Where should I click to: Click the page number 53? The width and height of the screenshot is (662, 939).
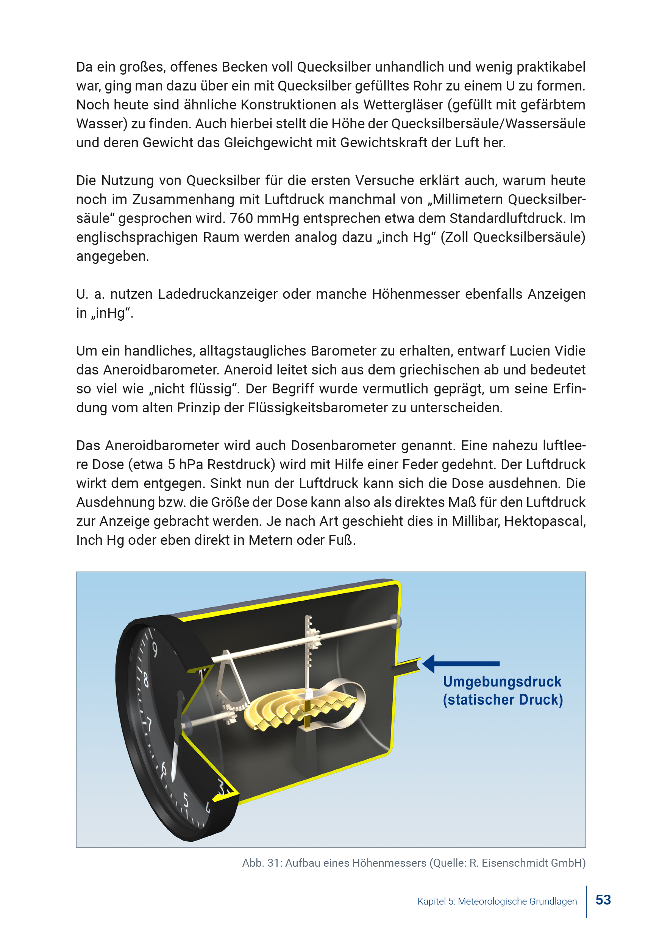(x=603, y=900)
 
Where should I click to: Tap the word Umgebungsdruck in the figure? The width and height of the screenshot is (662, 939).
(x=502, y=682)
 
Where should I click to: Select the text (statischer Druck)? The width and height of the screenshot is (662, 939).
(x=503, y=700)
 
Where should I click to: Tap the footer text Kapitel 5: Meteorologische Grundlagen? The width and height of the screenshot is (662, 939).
(x=497, y=902)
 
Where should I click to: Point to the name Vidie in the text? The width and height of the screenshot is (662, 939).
(x=570, y=351)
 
